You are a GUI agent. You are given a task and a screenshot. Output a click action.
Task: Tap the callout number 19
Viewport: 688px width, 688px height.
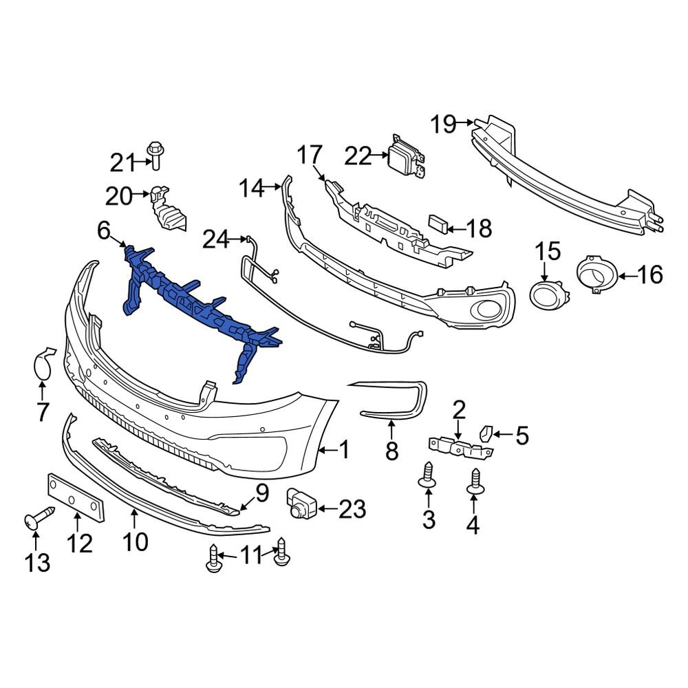click(444, 125)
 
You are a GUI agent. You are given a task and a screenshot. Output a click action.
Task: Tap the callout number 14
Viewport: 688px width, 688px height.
click(252, 187)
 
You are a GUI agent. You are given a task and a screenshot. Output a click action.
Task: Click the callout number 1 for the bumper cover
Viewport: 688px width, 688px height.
click(343, 451)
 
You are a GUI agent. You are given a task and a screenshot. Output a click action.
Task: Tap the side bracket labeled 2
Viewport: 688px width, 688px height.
click(461, 446)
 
